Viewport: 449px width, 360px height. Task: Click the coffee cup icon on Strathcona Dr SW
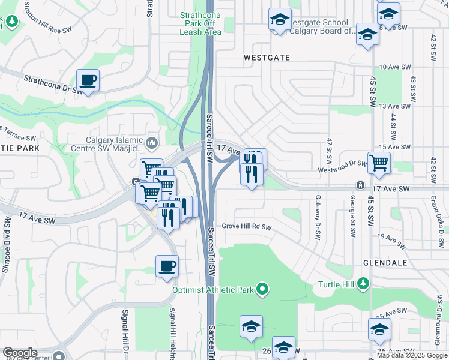tap(88, 80)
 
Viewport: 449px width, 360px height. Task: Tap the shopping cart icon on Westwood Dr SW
tap(379, 163)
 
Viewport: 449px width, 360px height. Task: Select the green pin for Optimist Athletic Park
tap(262, 290)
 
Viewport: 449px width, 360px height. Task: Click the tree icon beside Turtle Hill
tap(362, 283)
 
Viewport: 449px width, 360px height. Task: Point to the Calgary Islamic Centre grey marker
tap(152, 143)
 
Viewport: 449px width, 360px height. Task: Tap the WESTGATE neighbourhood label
tap(267, 58)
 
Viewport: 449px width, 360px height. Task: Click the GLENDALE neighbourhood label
tap(385, 263)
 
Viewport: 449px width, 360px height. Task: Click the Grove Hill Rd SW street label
tap(247, 227)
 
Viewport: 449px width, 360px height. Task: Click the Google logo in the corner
tap(20, 353)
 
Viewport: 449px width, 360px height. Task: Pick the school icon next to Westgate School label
tap(280, 20)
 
